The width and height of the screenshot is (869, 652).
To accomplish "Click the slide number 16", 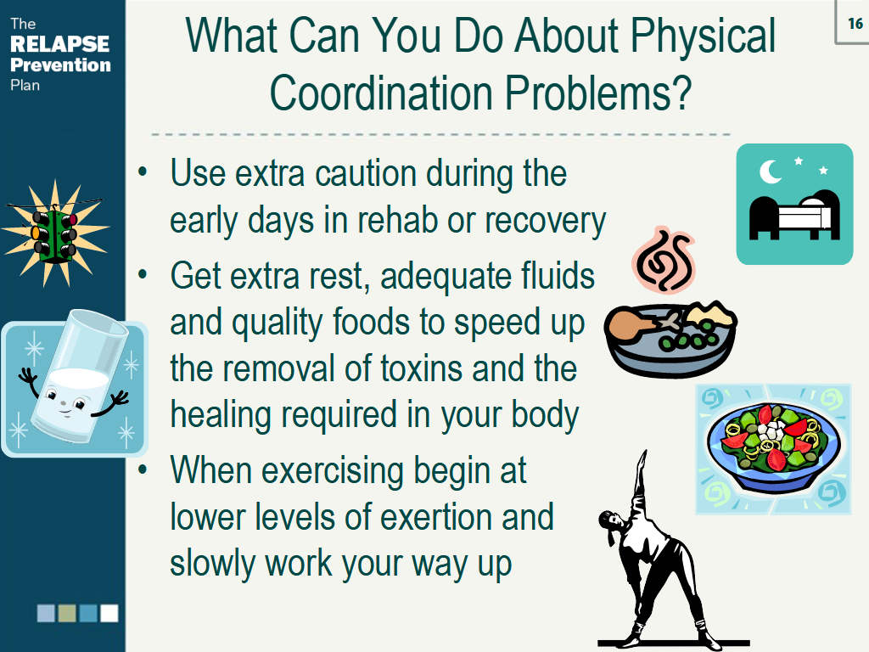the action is coord(855,23).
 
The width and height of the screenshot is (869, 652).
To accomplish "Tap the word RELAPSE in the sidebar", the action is coord(60,44).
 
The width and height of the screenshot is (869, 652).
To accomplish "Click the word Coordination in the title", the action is coord(381,93).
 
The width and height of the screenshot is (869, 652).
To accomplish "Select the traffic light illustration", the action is coord(54,233).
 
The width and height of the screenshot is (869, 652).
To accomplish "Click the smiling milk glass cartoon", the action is coord(75,383).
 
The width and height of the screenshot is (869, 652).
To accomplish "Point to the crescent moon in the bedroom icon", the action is coord(770,171).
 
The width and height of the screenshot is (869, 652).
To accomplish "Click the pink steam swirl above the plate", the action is coord(664,260).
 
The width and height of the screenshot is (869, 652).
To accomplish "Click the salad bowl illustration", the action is coord(773,448).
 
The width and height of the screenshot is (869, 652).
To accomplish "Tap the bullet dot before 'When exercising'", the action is coord(143,469).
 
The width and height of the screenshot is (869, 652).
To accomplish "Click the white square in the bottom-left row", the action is coord(109,613).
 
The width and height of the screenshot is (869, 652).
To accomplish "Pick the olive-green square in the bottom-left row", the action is coord(67,613).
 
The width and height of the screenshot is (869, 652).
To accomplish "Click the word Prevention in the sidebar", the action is coord(60,65).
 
